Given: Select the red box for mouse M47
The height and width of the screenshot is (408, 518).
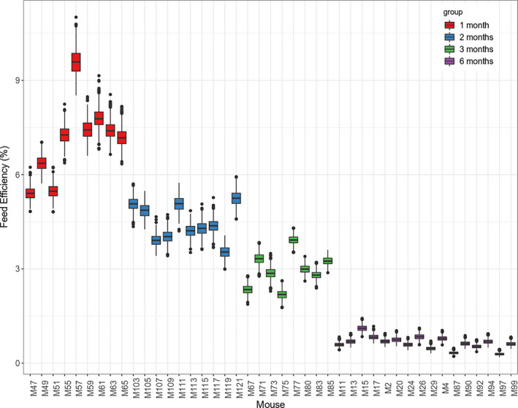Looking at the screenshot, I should click(30, 193).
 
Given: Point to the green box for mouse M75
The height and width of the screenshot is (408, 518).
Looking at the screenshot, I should click(282, 295).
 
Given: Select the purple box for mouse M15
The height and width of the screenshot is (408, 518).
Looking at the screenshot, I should click(362, 328).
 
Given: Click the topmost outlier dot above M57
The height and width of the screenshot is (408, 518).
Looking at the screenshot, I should click(75, 17).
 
